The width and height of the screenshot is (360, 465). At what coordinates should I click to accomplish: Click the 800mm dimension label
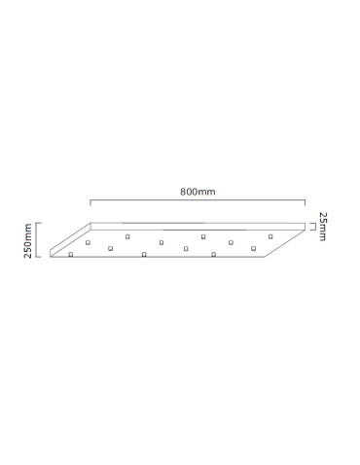coord(198,192)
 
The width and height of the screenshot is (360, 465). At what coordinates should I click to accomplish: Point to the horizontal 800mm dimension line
coord(198,203)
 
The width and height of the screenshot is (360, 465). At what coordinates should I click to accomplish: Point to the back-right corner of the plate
coord(306,225)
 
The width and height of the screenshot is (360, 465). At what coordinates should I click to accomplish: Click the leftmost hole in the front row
coord(71,255)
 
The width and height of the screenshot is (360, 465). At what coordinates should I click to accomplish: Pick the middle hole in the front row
coord(144,255)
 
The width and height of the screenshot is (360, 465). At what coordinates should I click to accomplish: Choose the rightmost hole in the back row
coord(270,236)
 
